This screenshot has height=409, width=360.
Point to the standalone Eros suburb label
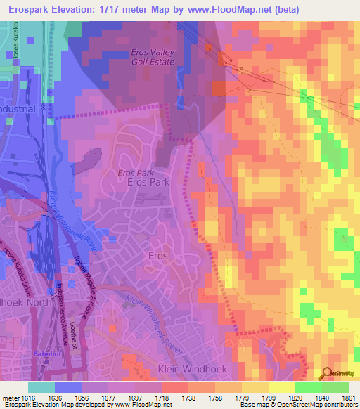157,257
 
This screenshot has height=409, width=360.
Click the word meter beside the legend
11,398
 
